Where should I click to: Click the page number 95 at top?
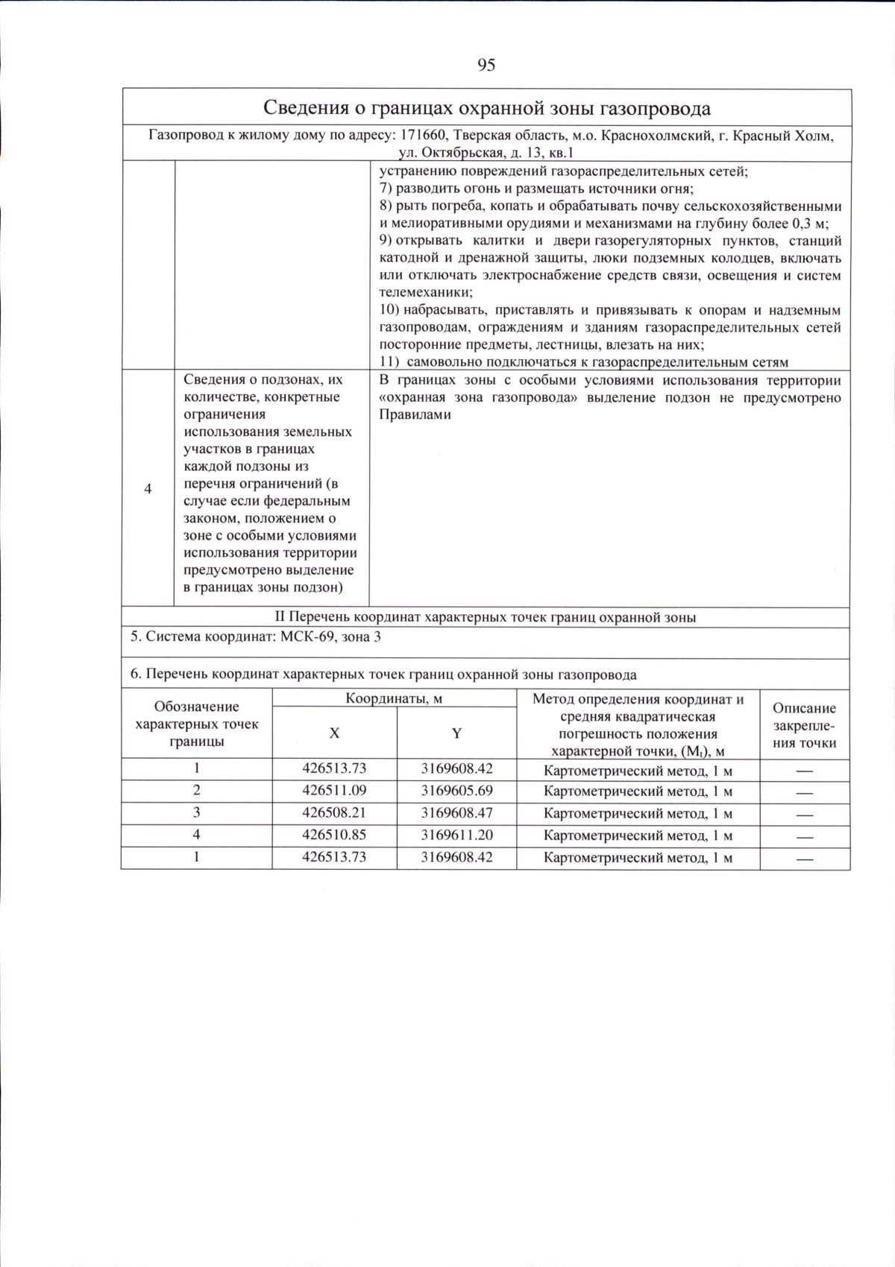point(486,66)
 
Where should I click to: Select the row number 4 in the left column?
point(148,489)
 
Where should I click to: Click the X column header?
point(334,733)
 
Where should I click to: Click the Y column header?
point(456,733)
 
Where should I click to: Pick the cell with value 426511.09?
point(334,791)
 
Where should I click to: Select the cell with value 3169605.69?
point(456,791)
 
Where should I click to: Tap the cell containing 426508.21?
point(334,813)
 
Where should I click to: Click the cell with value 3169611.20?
point(456,835)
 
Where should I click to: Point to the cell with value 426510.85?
point(334,835)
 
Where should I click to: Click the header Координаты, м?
point(394,699)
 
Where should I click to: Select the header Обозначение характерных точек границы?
point(197,724)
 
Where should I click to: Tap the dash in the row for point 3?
point(804,815)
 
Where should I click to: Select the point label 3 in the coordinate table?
point(197,813)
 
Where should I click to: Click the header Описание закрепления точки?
point(804,725)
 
